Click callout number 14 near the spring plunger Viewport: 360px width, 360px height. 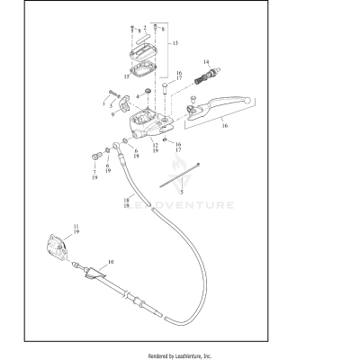pos(206,62)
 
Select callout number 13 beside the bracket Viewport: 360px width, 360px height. pos(175,43)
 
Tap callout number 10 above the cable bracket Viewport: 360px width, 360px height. pos(111,262)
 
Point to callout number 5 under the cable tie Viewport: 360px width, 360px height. pos(182,192)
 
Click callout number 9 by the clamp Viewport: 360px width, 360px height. pos(112,114)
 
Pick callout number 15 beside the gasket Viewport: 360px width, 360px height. pos(127,76)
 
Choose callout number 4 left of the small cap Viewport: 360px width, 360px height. pos(138,96)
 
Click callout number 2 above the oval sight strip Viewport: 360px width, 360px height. pos(145,28)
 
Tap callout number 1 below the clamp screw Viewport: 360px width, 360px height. pos(103,103)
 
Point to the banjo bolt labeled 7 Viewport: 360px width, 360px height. pos(95,156)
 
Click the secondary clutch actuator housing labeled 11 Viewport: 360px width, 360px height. pos(56,245)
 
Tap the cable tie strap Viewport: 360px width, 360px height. pos(180,175)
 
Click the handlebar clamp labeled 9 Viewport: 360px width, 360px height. pos(124,103)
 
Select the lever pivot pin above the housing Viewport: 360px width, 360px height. pos(166,89)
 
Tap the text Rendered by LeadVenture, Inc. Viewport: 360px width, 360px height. pos(180,356)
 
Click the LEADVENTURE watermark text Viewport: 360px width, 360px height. pos(180,205)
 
